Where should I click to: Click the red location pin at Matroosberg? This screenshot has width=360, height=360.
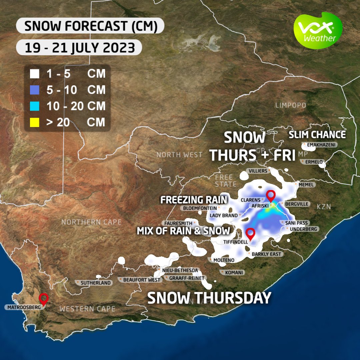43,299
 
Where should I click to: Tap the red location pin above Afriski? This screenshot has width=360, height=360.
271,196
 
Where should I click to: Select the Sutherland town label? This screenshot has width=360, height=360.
95,283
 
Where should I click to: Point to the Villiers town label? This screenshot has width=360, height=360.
258,171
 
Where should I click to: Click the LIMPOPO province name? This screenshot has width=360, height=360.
290,105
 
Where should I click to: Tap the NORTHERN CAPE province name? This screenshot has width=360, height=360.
91,222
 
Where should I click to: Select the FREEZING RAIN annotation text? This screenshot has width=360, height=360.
194,200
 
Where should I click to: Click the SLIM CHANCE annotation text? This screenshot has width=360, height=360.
317,135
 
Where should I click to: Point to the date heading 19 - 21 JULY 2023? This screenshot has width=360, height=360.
80,48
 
